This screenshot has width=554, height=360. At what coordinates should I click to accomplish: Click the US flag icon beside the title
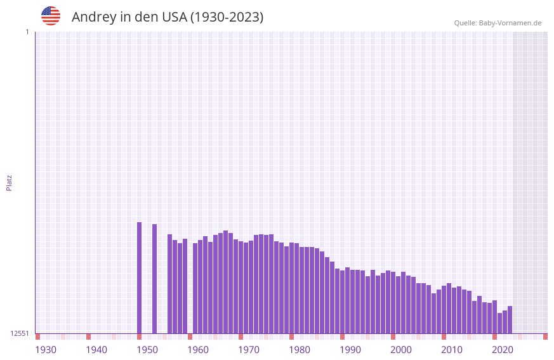(x=51, y=16)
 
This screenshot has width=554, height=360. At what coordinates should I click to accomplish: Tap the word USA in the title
(x=174, y=17)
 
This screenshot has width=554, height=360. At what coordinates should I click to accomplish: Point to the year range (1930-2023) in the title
(x=227, y=17)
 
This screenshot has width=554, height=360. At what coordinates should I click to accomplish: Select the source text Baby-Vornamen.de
(x=510, y=23)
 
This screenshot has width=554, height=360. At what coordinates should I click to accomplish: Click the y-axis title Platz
(x=9, y=182)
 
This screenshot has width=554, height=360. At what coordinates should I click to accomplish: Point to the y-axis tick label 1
(x=27, y=32)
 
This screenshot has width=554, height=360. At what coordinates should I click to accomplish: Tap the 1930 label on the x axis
(x=46, y=350)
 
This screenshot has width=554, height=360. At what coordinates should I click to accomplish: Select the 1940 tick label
(x=96, y=350)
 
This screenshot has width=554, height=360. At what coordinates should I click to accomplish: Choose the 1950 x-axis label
(x=147, y=350)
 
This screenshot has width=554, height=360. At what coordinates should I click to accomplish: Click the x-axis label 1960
(x=198, y=350)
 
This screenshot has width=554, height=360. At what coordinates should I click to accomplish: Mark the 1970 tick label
(x=249, y=350)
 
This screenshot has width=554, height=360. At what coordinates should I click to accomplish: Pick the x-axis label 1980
(x=300, y=350)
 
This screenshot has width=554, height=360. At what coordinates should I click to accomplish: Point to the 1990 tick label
(x=350, y=350)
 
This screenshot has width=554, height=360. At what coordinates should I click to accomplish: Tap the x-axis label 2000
(x=401, y=350)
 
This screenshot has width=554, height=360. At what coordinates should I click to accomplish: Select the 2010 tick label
(x=452, y=350)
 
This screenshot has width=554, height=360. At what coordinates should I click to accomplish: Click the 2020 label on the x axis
(x=503, y=350)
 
